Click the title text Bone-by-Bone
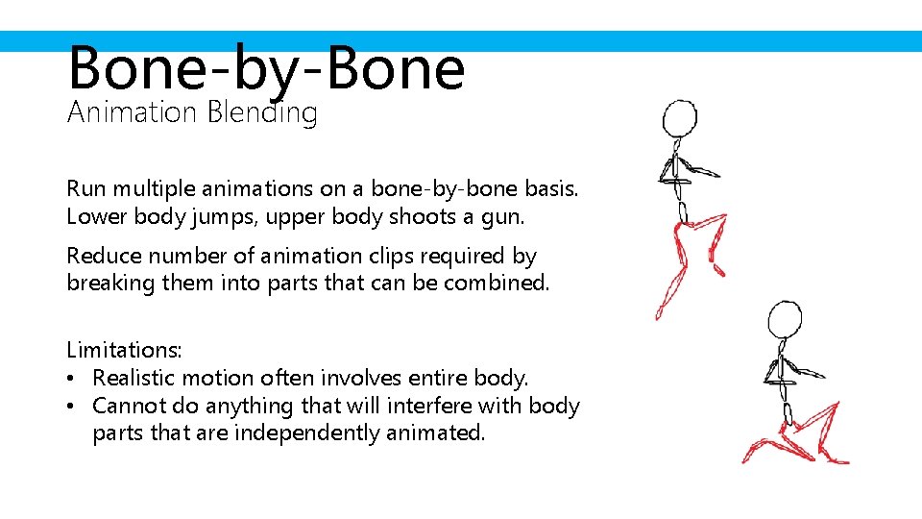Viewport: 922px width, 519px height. pos(266,69)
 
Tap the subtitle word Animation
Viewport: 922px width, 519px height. pos(132,112)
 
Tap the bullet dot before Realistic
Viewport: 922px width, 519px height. pos(74,379)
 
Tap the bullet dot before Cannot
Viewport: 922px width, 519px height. pos(74,407)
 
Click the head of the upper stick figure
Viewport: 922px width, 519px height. pos(680,119)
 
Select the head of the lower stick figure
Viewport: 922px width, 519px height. pos(785,319)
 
